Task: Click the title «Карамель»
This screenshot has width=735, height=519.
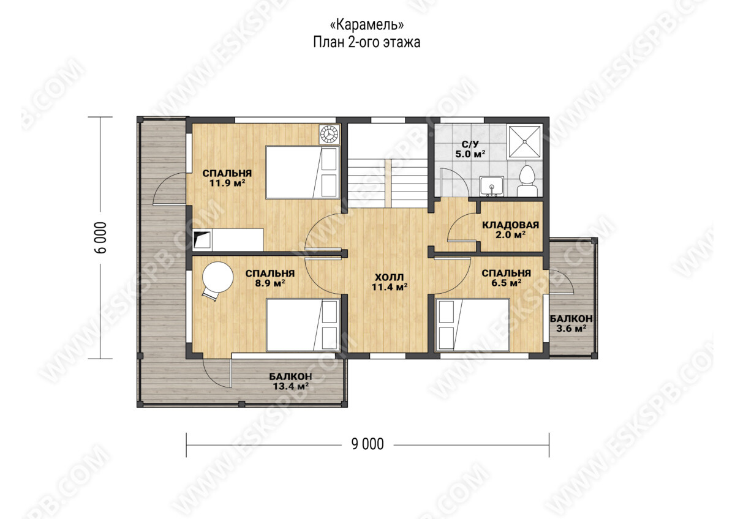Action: click(x=366, y=24)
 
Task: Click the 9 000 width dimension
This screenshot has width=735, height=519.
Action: click(x=367, y=444)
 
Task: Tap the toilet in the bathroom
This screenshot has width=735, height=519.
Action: click(x=527, y=181)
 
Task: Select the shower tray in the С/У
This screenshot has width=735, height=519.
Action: click(x=524, y=141)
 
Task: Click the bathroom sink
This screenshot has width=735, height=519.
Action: click(x=491, y=186)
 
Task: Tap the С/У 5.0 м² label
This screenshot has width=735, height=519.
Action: click(x=470, y=149)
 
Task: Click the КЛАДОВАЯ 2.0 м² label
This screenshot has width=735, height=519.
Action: click(x=510, y=230)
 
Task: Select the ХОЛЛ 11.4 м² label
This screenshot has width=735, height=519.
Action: click(x=390, y=282)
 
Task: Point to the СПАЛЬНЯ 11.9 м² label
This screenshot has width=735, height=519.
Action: click(x=227, y=177)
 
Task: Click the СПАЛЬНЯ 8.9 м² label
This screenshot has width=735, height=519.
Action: click(x=270, y=278)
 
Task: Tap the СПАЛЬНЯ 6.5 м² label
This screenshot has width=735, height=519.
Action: click(x=507, y=278)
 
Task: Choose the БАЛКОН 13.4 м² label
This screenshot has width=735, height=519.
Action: click(x=291, y=381)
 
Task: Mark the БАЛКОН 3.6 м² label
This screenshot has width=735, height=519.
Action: click(x=571, y=323)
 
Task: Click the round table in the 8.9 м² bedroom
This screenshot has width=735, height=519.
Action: click(x=217, y=277)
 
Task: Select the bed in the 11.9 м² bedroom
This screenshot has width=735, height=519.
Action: click(x=303, y=173)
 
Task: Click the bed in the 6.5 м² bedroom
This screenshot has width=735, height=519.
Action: click(x=472, y=325)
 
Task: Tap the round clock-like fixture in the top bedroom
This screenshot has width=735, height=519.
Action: click(x=330, y=134)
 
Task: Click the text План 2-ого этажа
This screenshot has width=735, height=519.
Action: click(x=366, y=43)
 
